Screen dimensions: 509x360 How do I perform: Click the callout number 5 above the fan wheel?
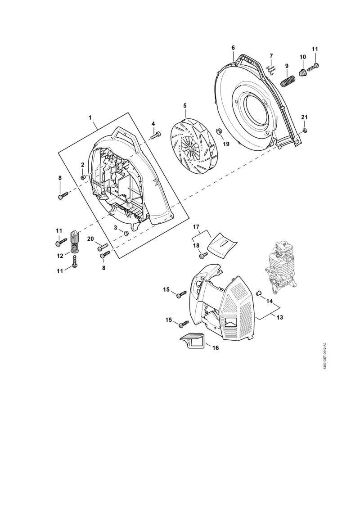coord(184,106)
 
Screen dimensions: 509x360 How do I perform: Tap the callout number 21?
coord(304,117)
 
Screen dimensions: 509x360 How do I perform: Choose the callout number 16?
coord(215,347)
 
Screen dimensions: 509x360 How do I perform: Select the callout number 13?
coord(279,317)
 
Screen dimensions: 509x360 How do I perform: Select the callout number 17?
coord(196,226)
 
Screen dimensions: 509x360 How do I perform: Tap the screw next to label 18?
coord(203,256)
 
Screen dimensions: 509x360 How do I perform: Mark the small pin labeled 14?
coord(259,293)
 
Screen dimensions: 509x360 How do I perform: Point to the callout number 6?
coord(233,47)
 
